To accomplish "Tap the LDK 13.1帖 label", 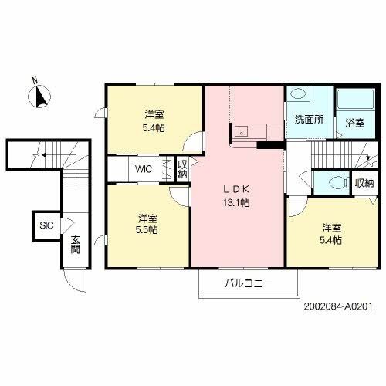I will [236, 196].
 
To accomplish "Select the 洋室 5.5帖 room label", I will [148, 224].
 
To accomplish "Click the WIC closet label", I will [144, 168].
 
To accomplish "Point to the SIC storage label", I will [46, 226].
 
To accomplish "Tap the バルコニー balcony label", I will [249, 283].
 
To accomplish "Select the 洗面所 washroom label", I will [308, 120].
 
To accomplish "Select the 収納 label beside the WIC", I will [182, 168].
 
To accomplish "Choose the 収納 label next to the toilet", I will [364, 184].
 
